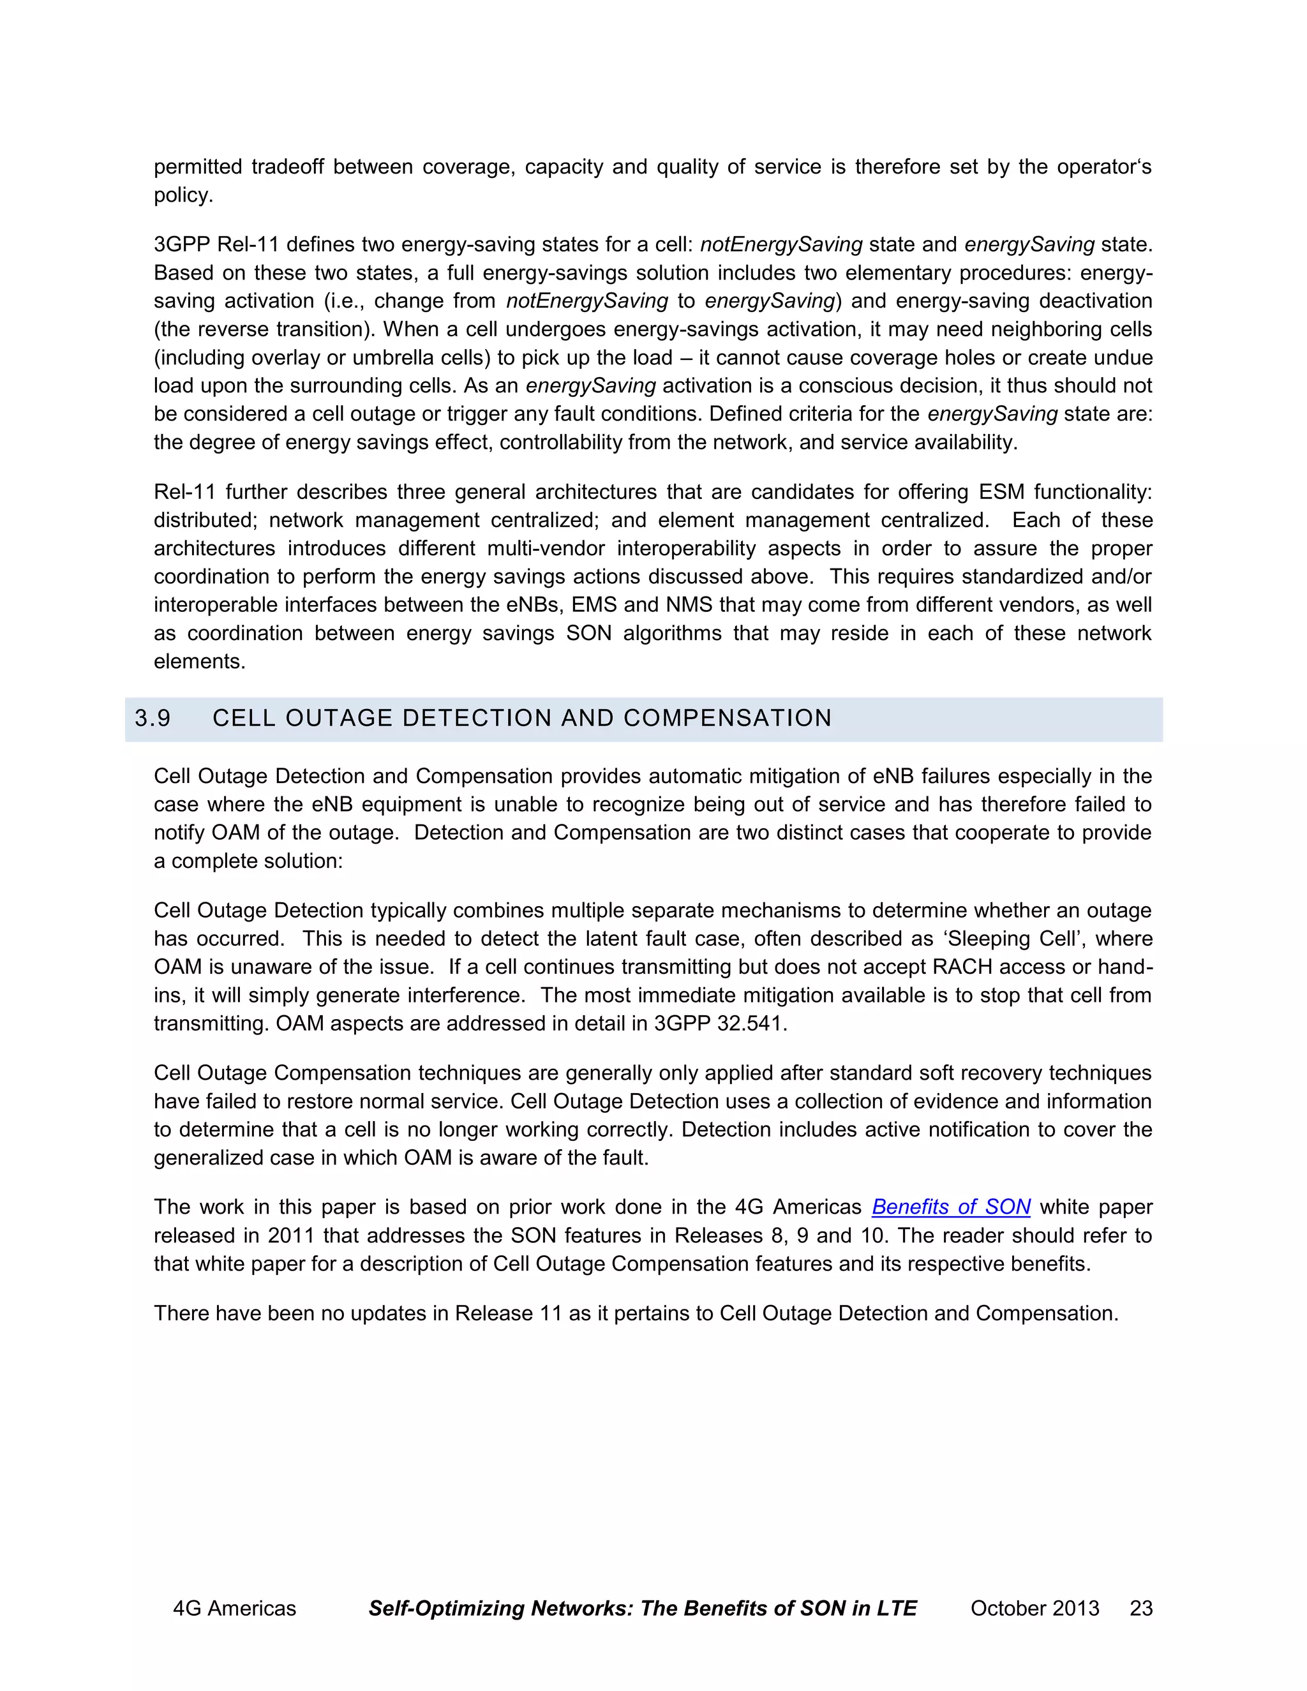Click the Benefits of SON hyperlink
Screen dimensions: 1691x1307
(951, 1207)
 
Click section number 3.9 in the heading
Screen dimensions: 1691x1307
(153, 719)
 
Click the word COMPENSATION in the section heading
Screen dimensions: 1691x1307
(727, 719)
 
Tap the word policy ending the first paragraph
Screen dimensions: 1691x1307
(182, 195)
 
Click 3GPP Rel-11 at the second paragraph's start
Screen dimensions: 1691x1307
(216, 244)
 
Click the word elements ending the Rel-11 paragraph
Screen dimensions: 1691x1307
(199, 662)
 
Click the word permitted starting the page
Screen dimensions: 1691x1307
(197, 167)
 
